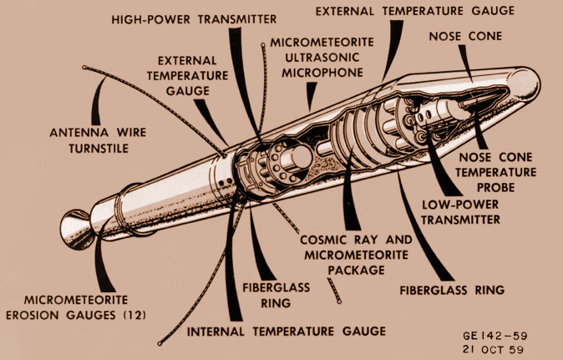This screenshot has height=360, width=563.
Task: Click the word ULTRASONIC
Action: point(322,58)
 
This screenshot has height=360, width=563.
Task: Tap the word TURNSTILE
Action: point(99,148)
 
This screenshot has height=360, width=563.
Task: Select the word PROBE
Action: point(495,187)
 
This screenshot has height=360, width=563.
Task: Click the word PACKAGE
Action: point(356,270)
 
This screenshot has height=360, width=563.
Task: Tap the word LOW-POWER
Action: point(460,205)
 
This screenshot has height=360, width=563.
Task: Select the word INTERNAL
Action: point(216,332)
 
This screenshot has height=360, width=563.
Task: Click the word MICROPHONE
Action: point(322,73)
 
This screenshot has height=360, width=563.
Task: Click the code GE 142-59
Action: point(495,336)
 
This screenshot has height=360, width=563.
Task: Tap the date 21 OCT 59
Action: point(493,349)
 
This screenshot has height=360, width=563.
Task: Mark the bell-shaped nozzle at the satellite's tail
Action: point(76,230)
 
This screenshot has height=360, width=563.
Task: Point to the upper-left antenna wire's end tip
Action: point(84,68)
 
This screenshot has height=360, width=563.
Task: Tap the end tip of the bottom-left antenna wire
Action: point(160,343)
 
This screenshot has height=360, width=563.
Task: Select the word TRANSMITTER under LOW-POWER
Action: point(460,220)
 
